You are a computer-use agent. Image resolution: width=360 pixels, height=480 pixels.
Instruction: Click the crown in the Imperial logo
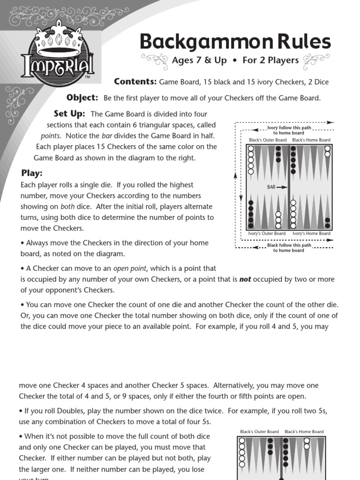59,40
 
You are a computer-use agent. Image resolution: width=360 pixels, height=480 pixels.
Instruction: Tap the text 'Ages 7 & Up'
199,60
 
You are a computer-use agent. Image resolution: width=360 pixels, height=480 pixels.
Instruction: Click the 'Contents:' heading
135,82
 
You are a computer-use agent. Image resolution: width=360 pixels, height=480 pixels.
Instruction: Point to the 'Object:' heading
82,97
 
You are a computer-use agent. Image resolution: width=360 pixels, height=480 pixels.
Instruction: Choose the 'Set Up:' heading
69,113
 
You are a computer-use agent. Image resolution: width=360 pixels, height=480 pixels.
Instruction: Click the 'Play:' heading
31,173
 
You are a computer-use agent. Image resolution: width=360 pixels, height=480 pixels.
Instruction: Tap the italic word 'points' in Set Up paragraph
50,135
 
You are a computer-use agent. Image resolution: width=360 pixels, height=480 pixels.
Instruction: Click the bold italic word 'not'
245,279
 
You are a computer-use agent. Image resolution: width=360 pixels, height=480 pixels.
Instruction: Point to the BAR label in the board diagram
271,187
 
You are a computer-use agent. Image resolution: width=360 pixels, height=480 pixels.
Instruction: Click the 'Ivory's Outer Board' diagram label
266,233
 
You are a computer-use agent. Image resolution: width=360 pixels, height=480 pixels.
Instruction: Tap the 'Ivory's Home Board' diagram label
311,233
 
